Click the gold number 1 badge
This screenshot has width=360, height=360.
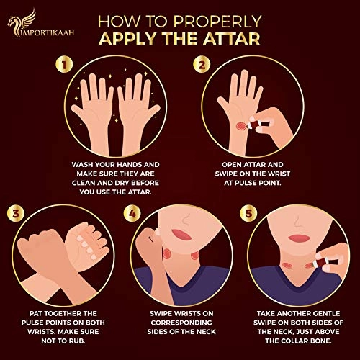pyautogui.click(x=64, y=65)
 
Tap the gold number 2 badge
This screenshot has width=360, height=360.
pyautogui.click(x=202, y=65)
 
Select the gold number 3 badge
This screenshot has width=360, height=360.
pyautogui.click(x=16, y=213)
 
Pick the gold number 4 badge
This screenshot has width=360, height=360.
pyautogui.click(x=132, y=213)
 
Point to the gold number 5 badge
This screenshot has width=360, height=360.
pyautogui.click(x=249, y=213)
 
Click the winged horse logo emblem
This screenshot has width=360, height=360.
pyautogui.click(x=22, y=22)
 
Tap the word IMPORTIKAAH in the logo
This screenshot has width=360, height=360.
pyautogui.click(x=48, y=32)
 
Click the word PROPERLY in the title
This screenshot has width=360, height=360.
pyautogui.click(x=217, y=22)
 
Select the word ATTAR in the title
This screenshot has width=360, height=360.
pyautogui.click(x=232, y=39)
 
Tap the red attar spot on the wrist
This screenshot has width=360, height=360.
pyautogui.click(x=241, y=126)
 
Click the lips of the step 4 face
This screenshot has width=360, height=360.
pyautogui.click(x=181, y=234)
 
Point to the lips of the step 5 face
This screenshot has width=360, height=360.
pyautogui.click(x=299, y=238)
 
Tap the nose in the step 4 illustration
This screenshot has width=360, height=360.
pyautogui.click(x=185, y=219)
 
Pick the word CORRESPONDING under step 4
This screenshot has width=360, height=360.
pyautogui.click(x=181, y=323)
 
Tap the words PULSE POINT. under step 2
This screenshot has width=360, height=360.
pyautogui.click(x=252, y=183)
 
